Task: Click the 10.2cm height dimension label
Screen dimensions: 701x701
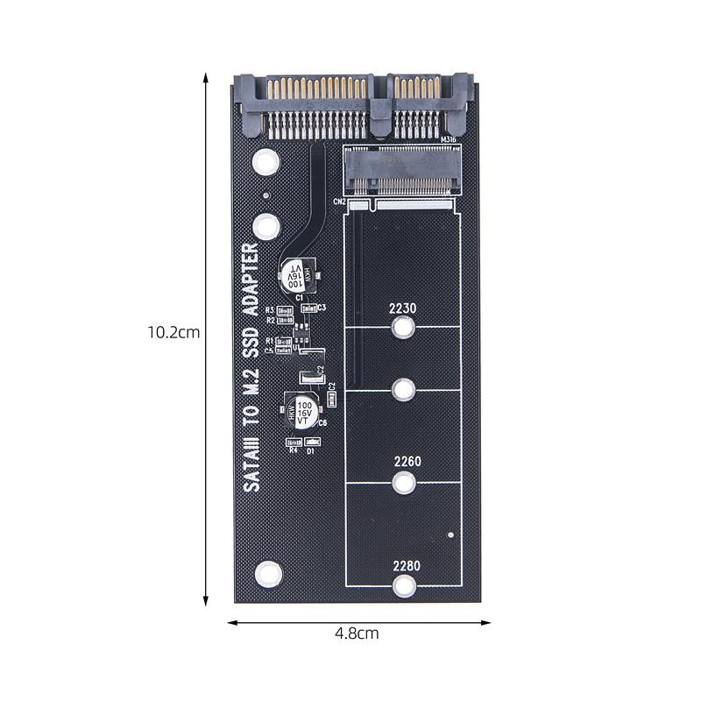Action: point(174,333)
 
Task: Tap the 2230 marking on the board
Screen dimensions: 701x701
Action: point(403,308)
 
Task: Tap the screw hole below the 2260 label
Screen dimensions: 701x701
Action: point(403,481)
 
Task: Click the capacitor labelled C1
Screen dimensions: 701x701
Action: point(298,277)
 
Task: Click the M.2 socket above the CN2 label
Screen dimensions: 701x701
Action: point(399,170)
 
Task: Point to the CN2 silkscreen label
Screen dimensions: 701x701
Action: point(341,202)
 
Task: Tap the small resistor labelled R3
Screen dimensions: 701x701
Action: point(284,310)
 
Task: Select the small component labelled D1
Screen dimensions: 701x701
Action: point(312,443)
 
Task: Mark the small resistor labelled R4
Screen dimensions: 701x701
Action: point(292,443)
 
